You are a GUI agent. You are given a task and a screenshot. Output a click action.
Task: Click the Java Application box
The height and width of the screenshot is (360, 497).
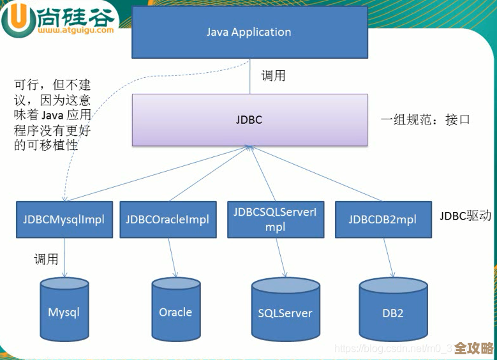(x=249, y=32)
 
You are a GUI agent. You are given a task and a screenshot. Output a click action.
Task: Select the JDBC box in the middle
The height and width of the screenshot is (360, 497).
(x=249, y=120)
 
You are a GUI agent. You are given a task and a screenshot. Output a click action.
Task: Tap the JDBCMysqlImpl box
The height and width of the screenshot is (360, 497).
(x=64, y=220)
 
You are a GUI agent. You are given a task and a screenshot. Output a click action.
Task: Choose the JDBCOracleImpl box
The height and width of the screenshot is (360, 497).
(x=167, y=220)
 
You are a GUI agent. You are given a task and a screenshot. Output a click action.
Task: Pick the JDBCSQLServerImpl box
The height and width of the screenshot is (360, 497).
(x=275, y=220)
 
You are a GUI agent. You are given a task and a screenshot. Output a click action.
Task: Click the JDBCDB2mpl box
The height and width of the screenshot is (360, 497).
(x=382, y=220)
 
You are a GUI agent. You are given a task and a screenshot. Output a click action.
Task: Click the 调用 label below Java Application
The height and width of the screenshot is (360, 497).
(x=274, y=76)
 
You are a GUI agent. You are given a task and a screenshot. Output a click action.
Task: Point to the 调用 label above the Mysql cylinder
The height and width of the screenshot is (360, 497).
(x=46, y=259)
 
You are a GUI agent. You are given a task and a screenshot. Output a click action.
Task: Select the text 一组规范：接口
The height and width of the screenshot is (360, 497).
(x=425, y=119)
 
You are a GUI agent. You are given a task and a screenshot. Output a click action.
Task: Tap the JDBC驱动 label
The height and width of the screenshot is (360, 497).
(x=465, y=216)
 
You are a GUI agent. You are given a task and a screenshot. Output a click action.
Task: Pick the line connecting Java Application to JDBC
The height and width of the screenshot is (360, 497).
(x=249, y=76)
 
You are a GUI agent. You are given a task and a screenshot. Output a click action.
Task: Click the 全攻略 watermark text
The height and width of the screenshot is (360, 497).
(x=473, y=349)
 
